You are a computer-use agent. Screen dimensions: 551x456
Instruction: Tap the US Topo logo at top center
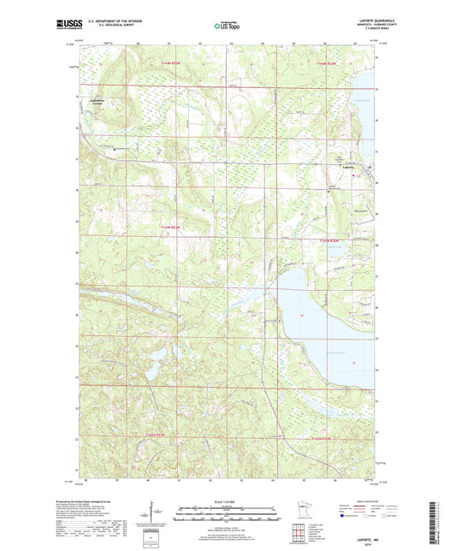[227, 26]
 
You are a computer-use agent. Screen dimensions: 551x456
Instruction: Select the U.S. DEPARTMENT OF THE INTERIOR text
[117, 21]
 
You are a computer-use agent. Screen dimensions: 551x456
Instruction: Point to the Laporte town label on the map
[347, 167]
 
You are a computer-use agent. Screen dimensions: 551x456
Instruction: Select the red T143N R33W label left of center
[171, 227]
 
